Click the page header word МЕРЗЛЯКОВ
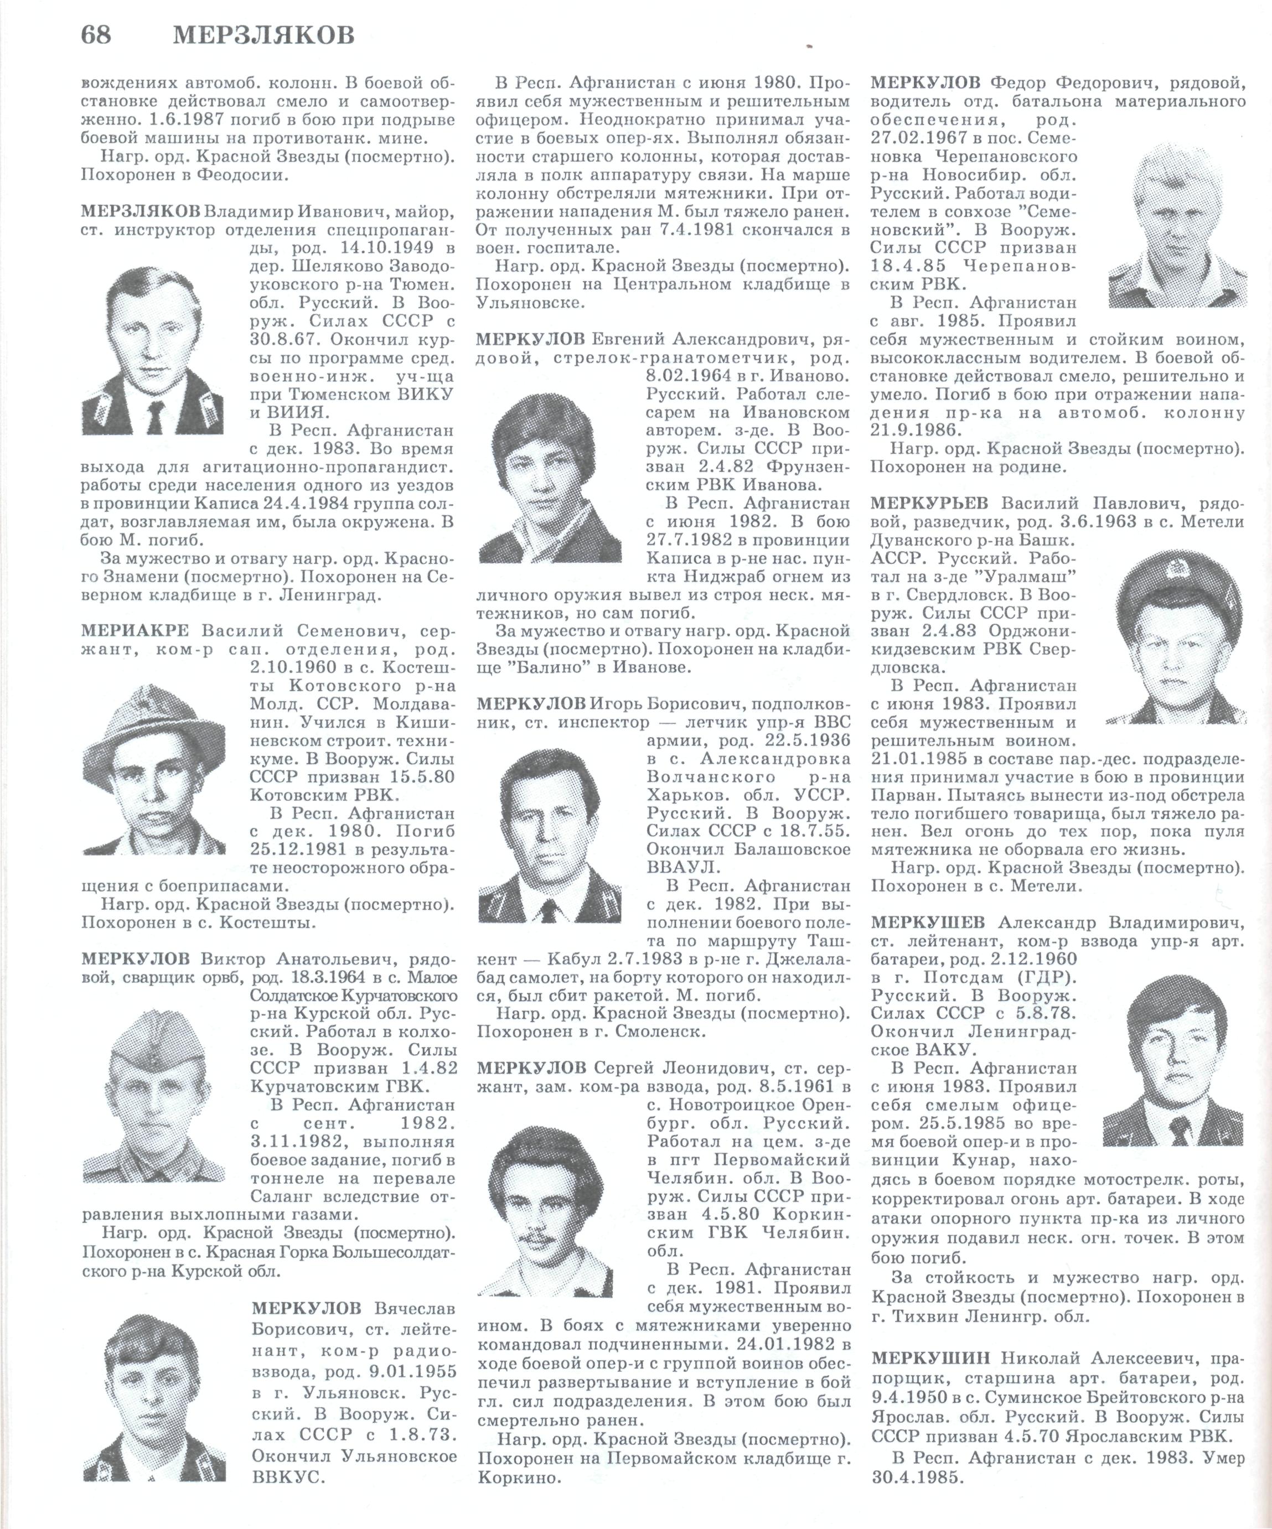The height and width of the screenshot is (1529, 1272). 263,35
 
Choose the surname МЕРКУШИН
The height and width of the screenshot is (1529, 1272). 930,1359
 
